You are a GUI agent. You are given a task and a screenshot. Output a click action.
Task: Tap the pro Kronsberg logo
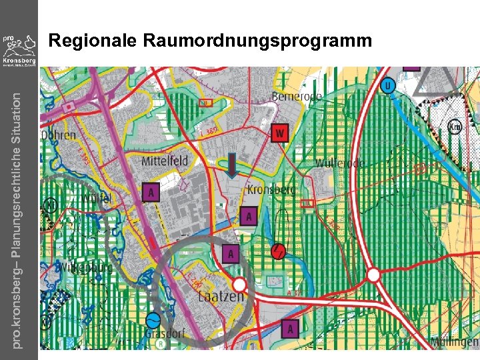coord(19,50)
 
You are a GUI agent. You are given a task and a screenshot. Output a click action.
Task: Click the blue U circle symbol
coord(389,86)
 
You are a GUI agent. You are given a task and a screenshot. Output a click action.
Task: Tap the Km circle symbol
coord(455,126)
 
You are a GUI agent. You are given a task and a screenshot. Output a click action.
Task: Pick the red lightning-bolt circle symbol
coord(279,251)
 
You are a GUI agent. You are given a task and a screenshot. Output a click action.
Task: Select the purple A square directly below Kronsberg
coord(249,216)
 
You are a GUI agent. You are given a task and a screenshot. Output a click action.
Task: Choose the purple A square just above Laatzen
coord(230,253)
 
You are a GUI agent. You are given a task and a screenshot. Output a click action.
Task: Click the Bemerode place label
coord(297,97)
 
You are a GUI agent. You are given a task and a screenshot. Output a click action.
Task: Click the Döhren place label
coord(59,134)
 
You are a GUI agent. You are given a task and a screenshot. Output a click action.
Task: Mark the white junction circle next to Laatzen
coord(239,285)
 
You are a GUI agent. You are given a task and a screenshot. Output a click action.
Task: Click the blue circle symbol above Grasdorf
coord(153,320)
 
